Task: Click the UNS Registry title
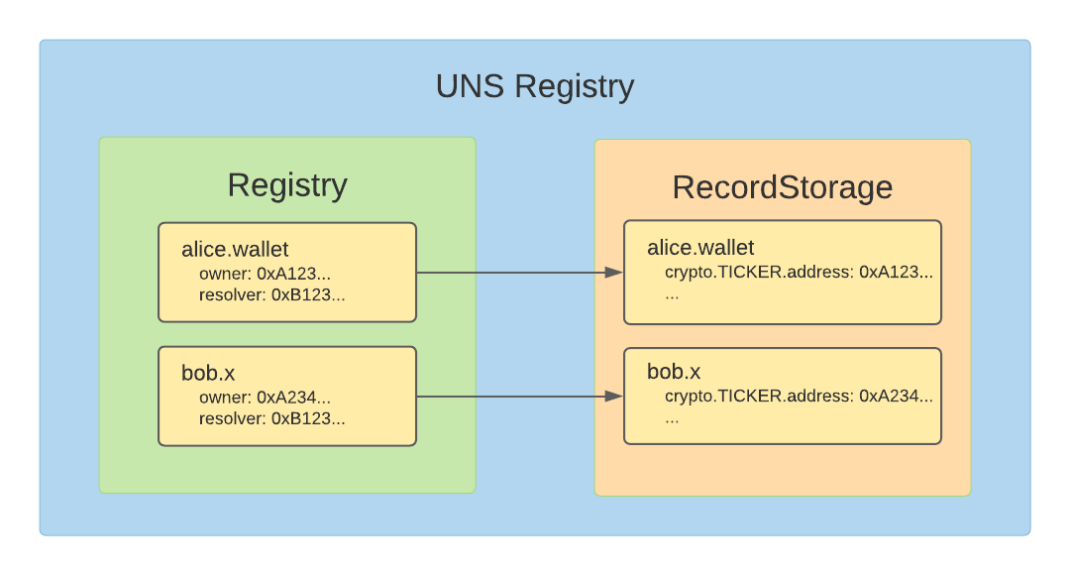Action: [534, 87]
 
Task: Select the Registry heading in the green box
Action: [287, 185]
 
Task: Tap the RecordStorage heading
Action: [782, 187]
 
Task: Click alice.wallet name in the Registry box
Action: [235, 248]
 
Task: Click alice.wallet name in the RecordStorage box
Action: [700, 247]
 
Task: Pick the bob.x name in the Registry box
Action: [208, 373]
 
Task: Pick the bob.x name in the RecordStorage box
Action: [674, 372]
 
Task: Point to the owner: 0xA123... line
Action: [265, 273]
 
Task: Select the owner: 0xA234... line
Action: [265, 397]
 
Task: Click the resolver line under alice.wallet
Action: [271, 294]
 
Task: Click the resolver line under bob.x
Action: [271, 418]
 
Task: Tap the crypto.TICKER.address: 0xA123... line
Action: [799, 272]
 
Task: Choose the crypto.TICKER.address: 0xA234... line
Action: [799, 396]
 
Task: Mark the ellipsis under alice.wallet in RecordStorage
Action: [672, 294]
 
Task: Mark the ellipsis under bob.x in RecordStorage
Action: [672, 418]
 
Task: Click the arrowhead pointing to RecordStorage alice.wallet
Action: [614, 272]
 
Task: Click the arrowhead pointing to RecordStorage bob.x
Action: [614, 396]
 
